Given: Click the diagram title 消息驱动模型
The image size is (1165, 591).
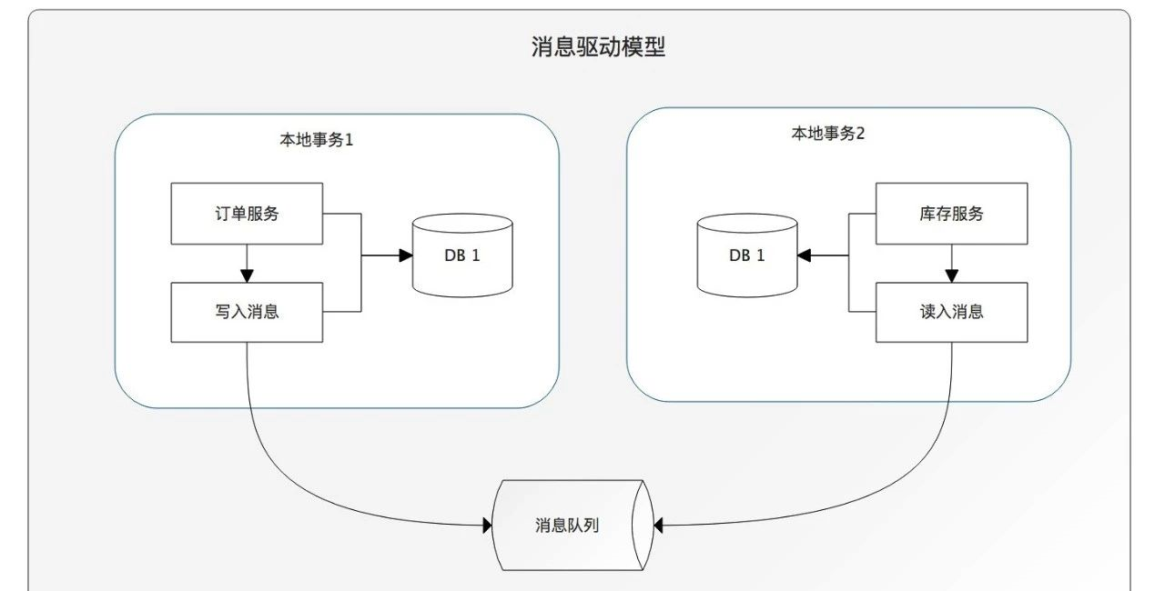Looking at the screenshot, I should tap(598, 47).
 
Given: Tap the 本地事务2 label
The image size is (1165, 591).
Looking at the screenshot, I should tap(827, 134).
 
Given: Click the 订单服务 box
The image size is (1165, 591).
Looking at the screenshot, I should tap(247, 214).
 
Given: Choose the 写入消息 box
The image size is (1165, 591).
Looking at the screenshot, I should tap(247, 312).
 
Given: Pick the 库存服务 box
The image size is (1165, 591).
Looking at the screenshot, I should tap(951, 214).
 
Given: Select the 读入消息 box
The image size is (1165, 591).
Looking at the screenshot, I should tap(951, 312).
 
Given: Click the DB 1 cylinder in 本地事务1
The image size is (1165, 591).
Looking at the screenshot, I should tap(461, 255).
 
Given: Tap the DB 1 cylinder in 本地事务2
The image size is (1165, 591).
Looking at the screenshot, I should tap(746, 255).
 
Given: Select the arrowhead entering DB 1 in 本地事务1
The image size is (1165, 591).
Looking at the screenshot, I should tap(406, 255).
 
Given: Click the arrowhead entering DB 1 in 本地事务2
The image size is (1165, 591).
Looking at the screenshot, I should tap(805, 255).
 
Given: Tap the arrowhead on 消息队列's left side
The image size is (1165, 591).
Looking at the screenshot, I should tap(485, 525).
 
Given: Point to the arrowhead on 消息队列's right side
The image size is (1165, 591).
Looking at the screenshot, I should tap(659, 525).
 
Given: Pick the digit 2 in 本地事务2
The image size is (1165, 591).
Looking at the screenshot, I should tap(860, 134).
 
